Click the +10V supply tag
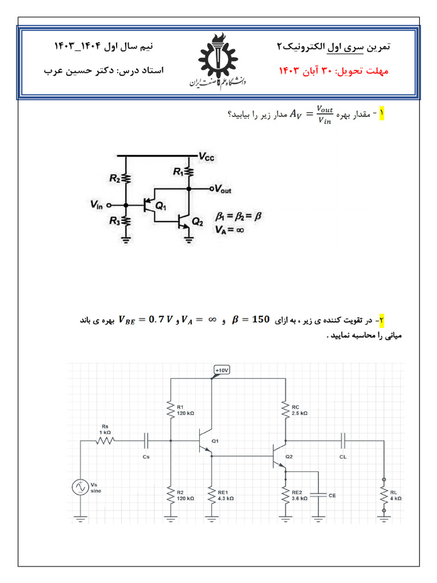221,370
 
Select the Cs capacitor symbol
147,440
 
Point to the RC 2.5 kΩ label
299,410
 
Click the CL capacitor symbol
343,440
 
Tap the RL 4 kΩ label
395,494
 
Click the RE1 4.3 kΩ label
222,494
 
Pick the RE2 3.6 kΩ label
299,494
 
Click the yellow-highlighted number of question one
382,114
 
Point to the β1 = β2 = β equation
238,216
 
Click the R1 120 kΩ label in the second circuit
185,410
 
